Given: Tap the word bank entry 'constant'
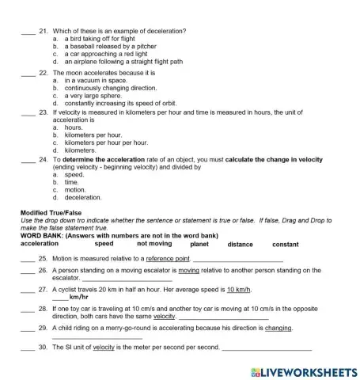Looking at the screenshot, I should coord(286,245).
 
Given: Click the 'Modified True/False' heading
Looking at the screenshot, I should coord(51,213).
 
